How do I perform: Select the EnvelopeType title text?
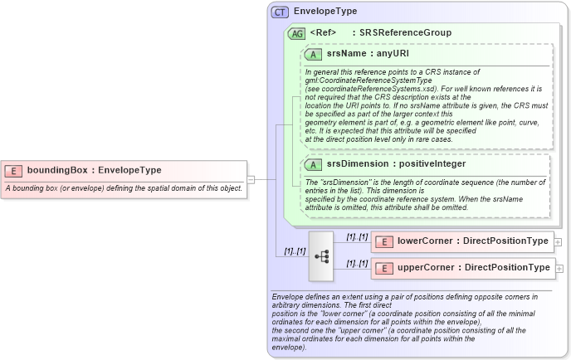click(325, 12)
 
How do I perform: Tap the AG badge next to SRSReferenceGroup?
click(296, 33)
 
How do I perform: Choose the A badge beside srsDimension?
click(314, 165)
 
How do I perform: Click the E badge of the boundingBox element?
click(13, 171)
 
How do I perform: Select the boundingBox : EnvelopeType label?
click(95, 171)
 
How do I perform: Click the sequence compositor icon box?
click(321, 256)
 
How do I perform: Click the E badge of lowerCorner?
click(384, 241)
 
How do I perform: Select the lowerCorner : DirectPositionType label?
click(472, 241)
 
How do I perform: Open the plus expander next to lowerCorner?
click(558, 242)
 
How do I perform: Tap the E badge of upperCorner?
click(384, 268)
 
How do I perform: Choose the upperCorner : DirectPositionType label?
click(473, 268)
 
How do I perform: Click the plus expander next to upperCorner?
click(559, 269)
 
